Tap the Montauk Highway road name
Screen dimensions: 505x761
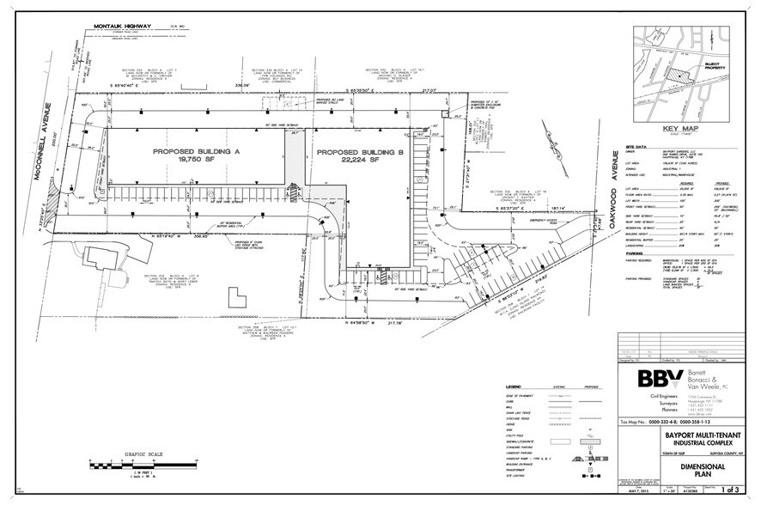pyautogui.click(x=125, y=32)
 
